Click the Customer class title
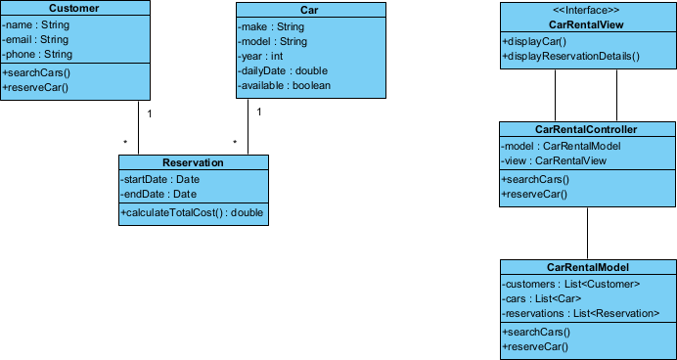click(x=75, y=9)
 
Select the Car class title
click(x=293, y=9)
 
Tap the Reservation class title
click(x=192, y=163)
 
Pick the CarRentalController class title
click(x=587, y=129)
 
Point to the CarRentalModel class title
click(x=587, y=267)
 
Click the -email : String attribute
click(x=36, y=40)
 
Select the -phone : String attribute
click(x=38, y=55)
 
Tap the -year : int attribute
click(x=261, y=56)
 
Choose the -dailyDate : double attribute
click(x=283, y=70)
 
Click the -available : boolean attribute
click(x=285, y=85)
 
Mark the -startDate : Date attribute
click(x=160, y=179)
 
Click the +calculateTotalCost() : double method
click(x=192, y=212)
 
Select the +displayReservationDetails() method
click(x=570, y=57)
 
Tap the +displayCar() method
click(x=534, y=42)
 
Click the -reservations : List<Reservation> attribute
click(x=574, y=313)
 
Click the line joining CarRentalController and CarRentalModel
click(x=587, y=233)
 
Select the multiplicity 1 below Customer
click(x=149, y=113)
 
